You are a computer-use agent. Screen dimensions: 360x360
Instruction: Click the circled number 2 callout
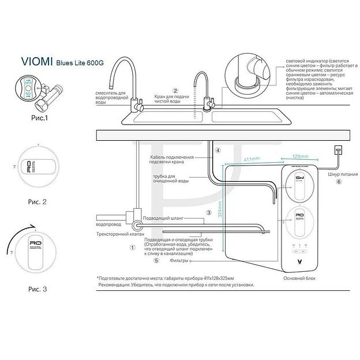pyautogui.click(x=175, y=91)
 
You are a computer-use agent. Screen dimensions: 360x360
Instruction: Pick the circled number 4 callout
pyautogui.click(x=218, y=151)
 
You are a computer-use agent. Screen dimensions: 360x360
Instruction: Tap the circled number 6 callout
pyautogui.click(x=339, y=181)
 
